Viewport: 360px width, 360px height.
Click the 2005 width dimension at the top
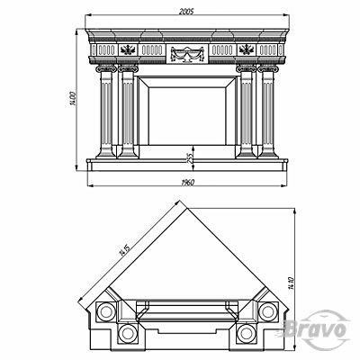click(187, 12)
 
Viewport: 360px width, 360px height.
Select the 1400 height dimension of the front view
click(73, 98)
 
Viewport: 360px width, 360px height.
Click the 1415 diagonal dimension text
click(124, 250)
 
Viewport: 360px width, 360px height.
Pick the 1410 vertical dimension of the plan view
click(290, 283)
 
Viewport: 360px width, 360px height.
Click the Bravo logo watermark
click(315, 329)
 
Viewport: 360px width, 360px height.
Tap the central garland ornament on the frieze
click(187, 54)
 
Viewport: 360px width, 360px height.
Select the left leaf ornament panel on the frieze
click(128, 49)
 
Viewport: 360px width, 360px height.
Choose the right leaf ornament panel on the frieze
click(247, 49)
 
